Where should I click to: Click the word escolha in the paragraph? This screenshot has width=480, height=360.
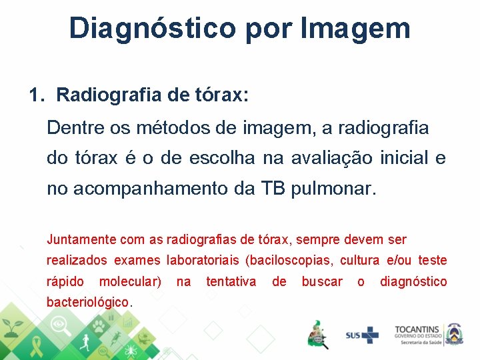(x=221, y=158)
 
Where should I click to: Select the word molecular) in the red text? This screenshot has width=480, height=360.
(x=130, y=282)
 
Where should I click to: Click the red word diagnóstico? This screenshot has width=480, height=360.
(x=413, y=282)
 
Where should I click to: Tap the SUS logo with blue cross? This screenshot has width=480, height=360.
(x=361, y=335)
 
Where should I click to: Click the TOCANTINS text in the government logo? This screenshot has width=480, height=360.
(x=417, y=329)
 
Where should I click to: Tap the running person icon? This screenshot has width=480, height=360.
(x=83, y=345)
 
